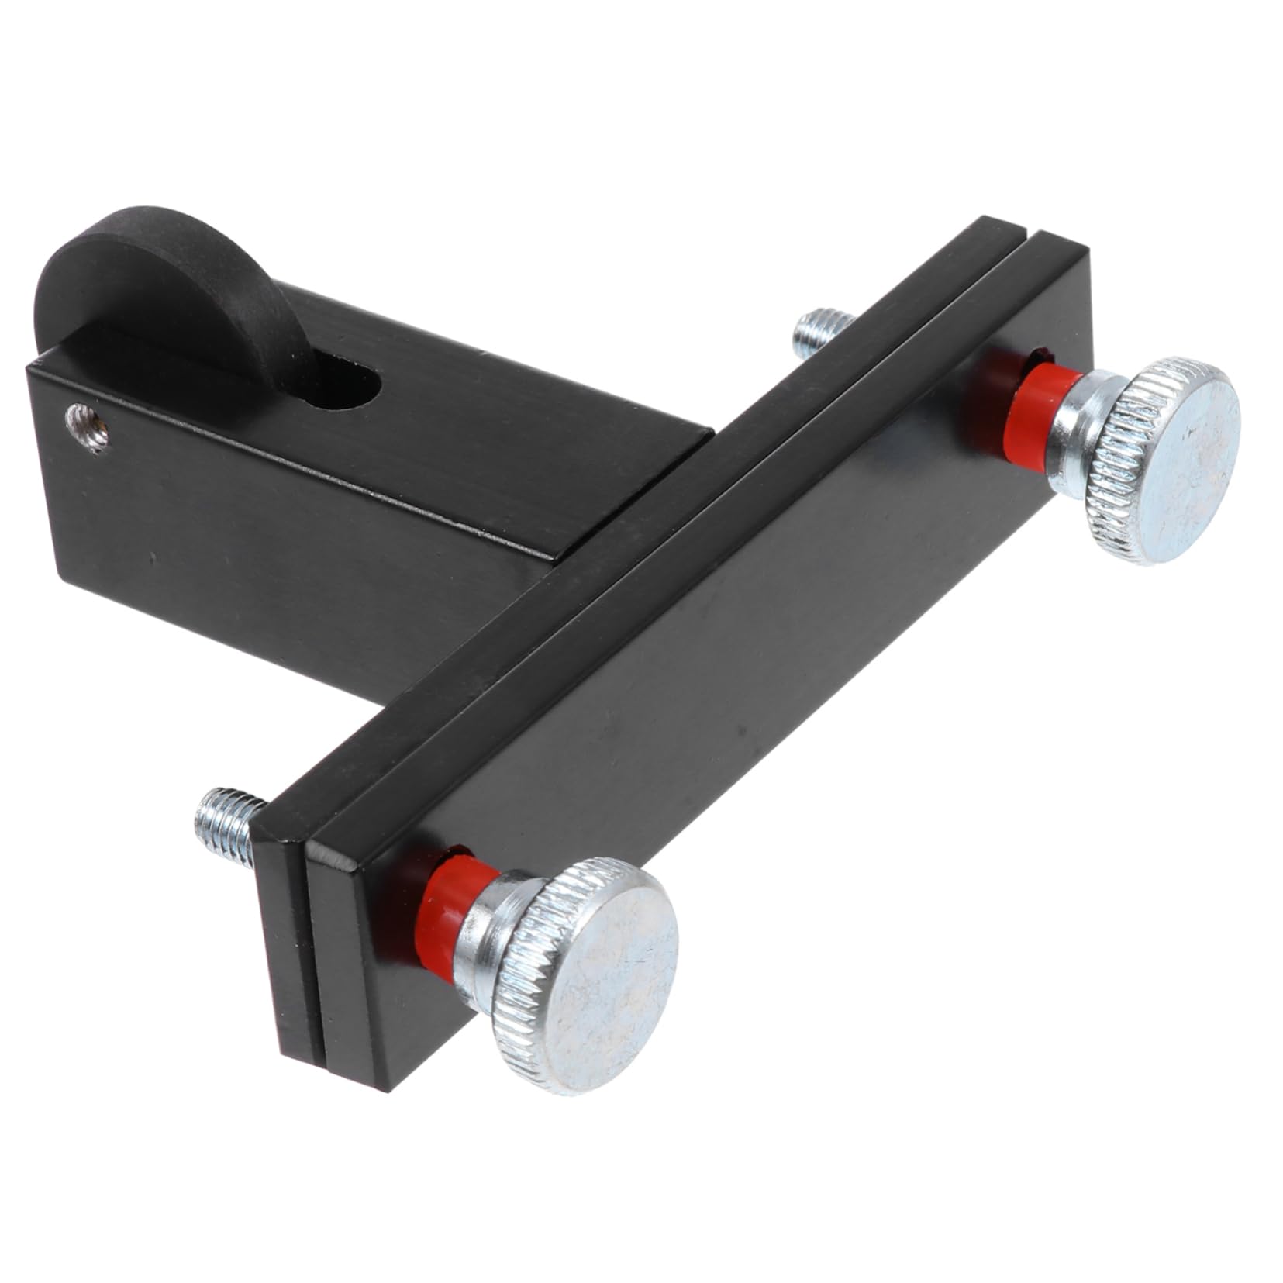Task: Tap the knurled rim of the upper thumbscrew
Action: coord(1101,496)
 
